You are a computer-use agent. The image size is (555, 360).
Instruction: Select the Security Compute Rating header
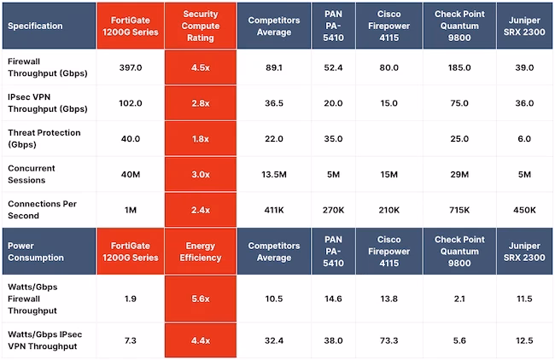(201, 26)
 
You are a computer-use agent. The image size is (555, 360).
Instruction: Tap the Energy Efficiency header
(201, 252)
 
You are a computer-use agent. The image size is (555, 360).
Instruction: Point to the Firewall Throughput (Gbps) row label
(48, 67)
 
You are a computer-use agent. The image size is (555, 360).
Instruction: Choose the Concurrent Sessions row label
(31, 174)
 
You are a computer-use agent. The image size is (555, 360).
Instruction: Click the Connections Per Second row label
(42, 210)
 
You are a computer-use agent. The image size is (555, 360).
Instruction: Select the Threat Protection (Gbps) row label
(44, 138)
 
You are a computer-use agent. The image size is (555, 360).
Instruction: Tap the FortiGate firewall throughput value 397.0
(131, 67)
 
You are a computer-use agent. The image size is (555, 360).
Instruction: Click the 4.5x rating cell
(201, 67)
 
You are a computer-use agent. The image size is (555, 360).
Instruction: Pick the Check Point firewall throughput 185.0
(459, 67)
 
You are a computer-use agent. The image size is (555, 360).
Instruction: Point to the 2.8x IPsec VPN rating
(201, 103)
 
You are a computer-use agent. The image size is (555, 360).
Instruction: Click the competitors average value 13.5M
(274, 174)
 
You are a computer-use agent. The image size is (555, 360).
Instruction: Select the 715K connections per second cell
(459, 210)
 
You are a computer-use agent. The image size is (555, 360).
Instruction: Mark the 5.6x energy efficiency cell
(201, 299)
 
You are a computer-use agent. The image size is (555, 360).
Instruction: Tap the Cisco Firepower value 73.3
(388, 340)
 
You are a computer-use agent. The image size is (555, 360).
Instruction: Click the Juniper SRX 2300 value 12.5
(524, 340)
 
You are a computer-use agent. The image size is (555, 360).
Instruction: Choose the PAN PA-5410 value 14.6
(333, 299)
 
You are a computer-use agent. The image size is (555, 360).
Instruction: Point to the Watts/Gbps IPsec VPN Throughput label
(44, 340)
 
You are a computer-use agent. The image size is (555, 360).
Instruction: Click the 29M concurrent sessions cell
(459, 174)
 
